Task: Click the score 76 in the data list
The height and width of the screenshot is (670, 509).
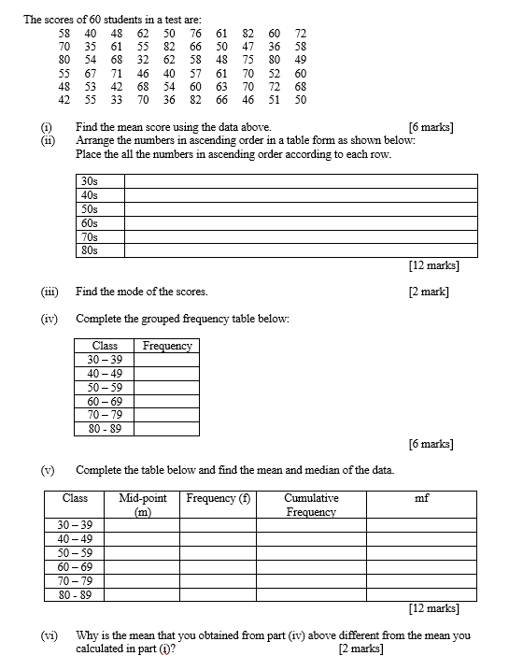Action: point(195,33)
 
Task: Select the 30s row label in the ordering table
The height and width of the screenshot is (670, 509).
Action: point(90,180)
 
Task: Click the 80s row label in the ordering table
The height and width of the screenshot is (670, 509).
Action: point(90,250)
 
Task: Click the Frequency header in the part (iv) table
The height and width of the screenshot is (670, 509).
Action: point(167,346)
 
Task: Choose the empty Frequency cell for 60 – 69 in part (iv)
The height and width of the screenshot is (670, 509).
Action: point(167,400)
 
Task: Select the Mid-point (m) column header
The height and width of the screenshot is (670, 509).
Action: point(143,505)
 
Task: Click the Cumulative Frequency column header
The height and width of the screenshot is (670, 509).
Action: point(311,505)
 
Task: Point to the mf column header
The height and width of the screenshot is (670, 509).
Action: point(421,498)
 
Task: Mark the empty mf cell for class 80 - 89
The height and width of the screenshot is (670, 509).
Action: point(421,594)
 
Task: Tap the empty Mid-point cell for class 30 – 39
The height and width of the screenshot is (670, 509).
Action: point(143,525)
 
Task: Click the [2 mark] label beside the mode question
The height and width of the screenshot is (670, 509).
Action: point(429,292)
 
